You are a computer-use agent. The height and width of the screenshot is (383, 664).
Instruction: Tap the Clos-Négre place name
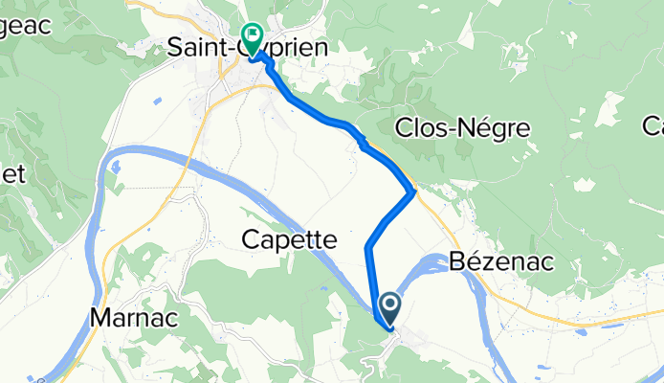(462, 128)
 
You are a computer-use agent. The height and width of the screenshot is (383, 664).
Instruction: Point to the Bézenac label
(500, 263)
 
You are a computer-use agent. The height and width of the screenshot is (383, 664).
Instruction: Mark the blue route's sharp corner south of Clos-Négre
(412, 193)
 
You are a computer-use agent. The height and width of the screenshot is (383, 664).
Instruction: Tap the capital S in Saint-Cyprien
(176, 46)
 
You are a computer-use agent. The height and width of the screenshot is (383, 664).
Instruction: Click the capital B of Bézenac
(455, 263)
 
